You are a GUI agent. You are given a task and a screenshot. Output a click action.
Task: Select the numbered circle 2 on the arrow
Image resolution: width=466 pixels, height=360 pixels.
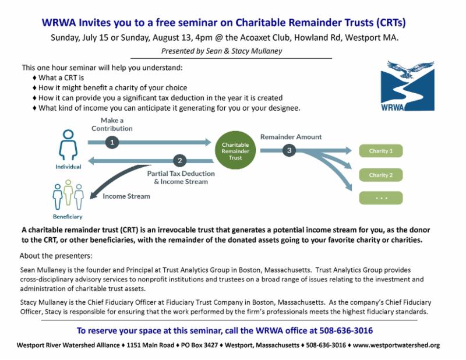[180, 160]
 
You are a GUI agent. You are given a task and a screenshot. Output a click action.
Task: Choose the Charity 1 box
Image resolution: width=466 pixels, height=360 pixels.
[381, 151]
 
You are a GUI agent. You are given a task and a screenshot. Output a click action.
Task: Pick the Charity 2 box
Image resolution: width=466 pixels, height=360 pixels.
[381, 175]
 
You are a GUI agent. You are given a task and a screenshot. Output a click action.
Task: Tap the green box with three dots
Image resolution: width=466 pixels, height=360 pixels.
[381, 197]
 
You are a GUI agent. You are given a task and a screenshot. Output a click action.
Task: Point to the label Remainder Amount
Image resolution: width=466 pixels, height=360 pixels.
[291, 137]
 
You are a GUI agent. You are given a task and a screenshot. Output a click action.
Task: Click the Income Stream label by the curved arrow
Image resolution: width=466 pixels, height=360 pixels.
[126, 196]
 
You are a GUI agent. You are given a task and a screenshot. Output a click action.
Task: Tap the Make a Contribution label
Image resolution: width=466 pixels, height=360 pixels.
[112, 124]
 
